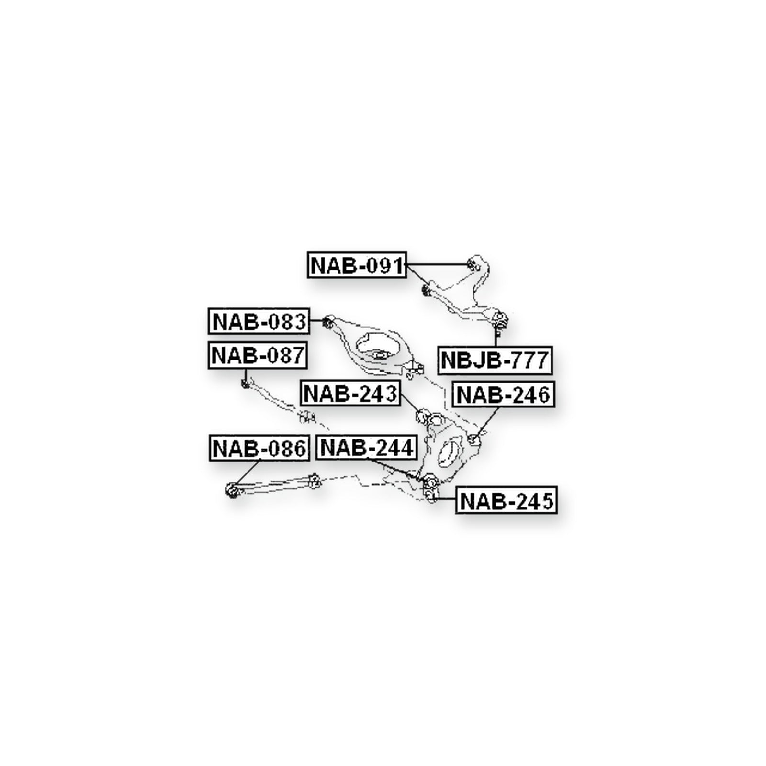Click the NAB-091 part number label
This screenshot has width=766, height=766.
pyautogui.click(x=357, y=265)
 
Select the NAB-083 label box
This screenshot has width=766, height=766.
pyautogui.click(x=259, y=321)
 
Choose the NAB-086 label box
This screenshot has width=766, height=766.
pyautogui.click(x=259, y=449)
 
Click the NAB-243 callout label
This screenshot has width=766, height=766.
pyautogui.click(x=350, y=394)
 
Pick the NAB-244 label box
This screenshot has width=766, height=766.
pyautogui.click(x=367, y=448)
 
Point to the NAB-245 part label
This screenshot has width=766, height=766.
pyautogui.click(x=507, y=501)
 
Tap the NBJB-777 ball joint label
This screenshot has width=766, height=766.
pyautogui.click(x=495, y=359)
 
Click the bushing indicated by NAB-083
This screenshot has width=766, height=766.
pyautogui.click(x=328, y=321)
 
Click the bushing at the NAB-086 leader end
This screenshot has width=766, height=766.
pyautogui.click(x=232, y=490)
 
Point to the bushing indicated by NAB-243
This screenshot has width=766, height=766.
pyautogui.click(x=423, y=417)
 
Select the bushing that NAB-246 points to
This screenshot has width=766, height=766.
pyautogui.click(x=473, y=439)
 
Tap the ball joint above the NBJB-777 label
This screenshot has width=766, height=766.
pyautogui.click(x=499, y=320)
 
